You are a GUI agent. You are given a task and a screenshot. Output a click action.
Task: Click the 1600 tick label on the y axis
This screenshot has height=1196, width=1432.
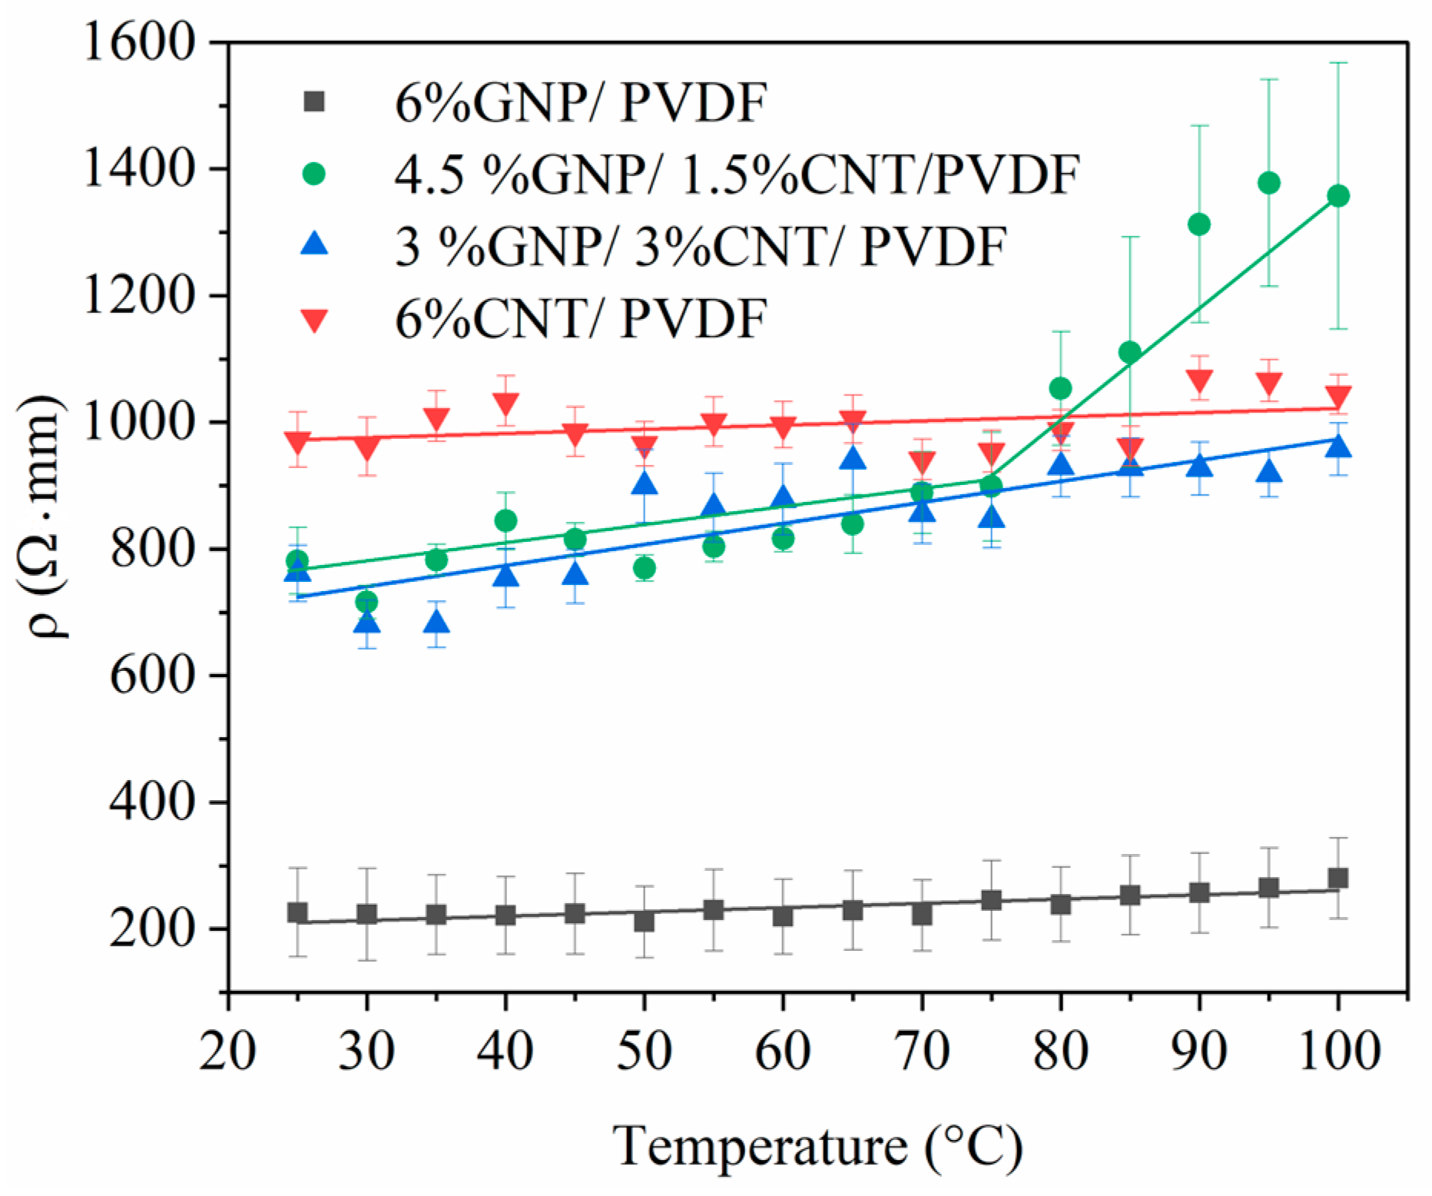[x=137, y=42]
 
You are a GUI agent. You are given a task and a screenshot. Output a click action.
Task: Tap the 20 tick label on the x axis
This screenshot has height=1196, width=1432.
[x=227, y=1051]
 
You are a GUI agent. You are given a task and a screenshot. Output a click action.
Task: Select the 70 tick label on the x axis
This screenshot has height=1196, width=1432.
[x=922, y=1051]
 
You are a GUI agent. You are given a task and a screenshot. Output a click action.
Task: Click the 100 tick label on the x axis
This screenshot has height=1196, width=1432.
[x=1338, y=1051]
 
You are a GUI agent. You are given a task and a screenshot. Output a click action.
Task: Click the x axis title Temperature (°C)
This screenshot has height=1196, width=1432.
[x=818, y=1147]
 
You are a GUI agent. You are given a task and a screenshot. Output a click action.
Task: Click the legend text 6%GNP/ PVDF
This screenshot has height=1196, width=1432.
[x=581, y=103]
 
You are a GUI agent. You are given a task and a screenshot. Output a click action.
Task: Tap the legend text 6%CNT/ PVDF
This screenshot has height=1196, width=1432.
[x=581, y=318]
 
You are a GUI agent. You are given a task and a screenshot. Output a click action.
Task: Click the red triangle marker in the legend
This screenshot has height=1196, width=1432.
[x=314, y=320]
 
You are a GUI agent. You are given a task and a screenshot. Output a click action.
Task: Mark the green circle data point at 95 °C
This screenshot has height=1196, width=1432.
[x=1269, y=183]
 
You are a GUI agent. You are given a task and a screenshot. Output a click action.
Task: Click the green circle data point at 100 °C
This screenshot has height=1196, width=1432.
[x=1338, y=196]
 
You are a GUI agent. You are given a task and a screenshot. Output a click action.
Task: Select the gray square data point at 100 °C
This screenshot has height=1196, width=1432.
[x=1338, y=879]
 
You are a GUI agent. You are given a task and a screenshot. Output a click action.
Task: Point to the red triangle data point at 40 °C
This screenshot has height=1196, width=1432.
[x=506, y=403]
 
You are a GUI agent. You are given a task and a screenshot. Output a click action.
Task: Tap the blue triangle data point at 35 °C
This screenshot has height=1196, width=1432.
[x=436, y=622]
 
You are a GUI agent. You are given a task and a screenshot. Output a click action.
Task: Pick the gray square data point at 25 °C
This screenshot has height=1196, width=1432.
[x=298, y=913]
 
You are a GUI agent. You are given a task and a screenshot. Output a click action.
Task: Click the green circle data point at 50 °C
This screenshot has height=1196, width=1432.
[x=645, y=569]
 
